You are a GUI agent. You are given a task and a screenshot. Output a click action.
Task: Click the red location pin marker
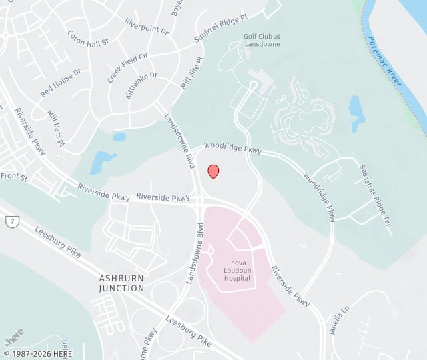[x=213, y=171]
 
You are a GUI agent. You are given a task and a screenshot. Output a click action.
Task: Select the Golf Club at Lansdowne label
[x=254, y=40]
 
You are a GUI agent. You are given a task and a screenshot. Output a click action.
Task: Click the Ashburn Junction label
[x=121, y=283]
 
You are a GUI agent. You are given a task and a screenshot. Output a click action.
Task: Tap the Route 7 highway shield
[x=9, y=220]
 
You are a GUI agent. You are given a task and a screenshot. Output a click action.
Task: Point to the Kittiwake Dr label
[x=141, y=85]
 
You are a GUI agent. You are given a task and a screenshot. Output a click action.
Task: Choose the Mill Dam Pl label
[x=56, y=128]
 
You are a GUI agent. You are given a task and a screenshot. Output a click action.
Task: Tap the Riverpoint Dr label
[x=147, y=25]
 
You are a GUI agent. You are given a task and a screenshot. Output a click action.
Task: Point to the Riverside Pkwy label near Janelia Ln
[x=291, y=286]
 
